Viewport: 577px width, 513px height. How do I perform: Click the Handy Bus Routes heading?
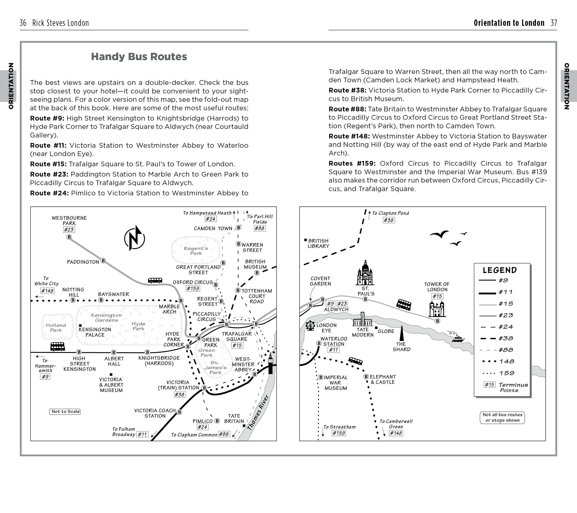click(139, 57)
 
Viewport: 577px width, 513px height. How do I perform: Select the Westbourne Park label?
click(69, 220)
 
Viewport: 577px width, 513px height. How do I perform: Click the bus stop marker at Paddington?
click(103, 261)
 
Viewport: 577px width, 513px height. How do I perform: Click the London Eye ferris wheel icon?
click(310, 325)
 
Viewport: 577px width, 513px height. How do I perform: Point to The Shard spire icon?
click(401, 333)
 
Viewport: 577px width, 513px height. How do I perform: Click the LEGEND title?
click(500, 270)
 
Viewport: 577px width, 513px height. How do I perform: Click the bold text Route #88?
click(347, 109)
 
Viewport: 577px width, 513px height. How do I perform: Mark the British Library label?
click(318, 243)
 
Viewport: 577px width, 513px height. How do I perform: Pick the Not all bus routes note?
click(502, 417)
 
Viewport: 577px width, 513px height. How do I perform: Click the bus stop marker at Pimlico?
click(217, 421)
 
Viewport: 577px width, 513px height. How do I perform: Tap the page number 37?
click(554, 23)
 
